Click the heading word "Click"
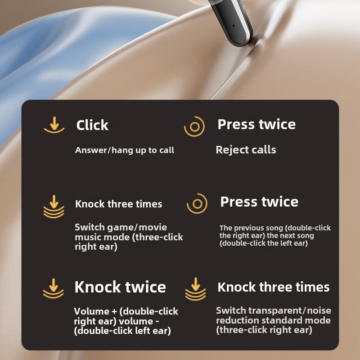92,125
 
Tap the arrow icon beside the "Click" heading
54,125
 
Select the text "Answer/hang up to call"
125,150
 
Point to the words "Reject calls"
246,150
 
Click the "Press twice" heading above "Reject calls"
256,124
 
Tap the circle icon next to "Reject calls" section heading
194,126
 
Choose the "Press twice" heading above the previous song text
259,202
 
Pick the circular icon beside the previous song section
197,204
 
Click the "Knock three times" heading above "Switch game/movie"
118,204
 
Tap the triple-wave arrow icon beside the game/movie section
54,207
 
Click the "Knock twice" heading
120,287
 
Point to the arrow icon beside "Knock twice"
54,288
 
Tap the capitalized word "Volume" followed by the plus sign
92,311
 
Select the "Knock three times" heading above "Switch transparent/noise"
274,287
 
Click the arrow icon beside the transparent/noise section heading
195,289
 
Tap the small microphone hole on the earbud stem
234,26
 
